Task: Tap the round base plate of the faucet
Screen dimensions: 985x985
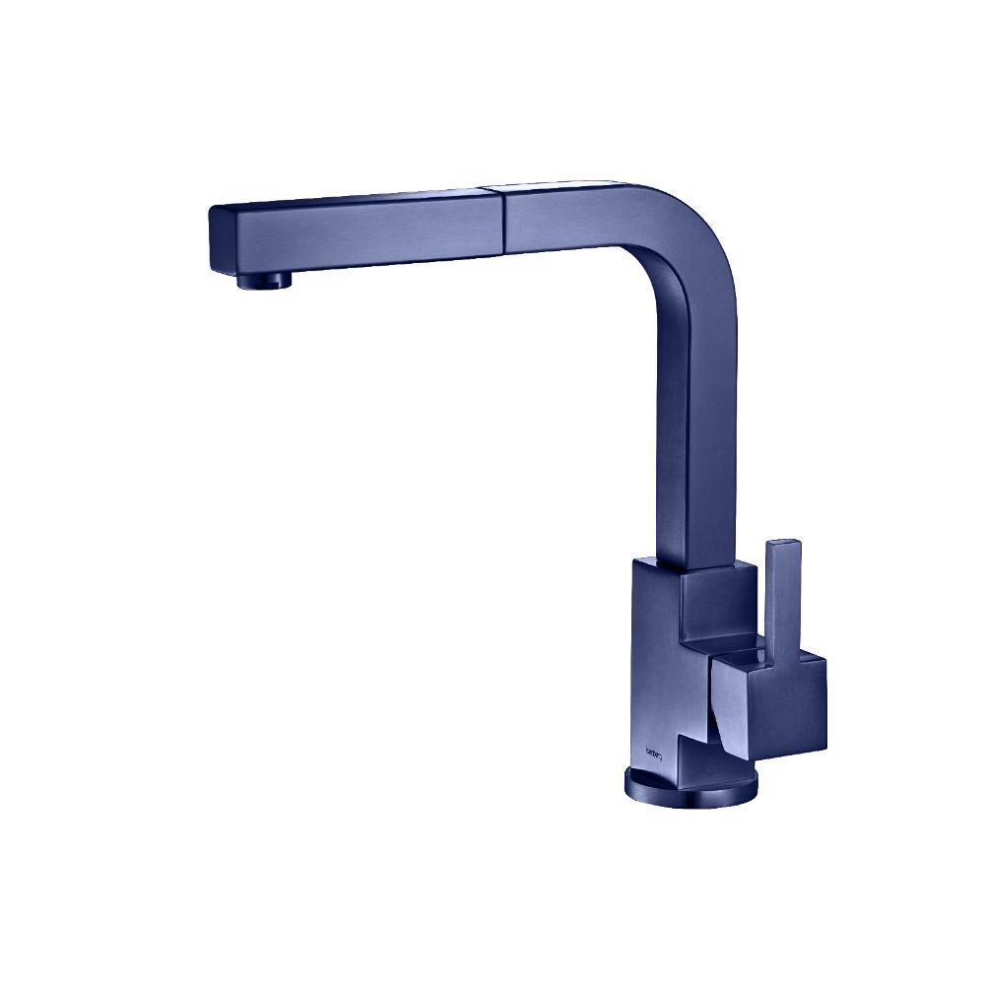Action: (690, 787)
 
